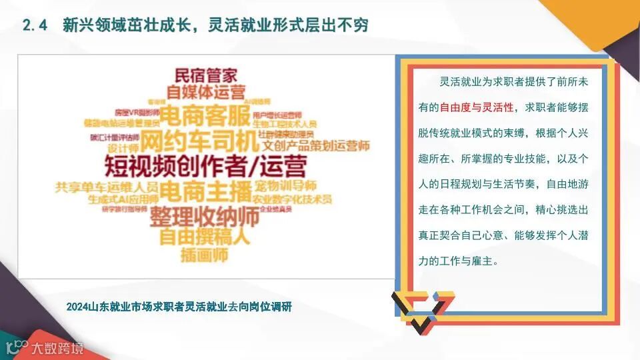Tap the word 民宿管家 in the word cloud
click(x=206, y=76)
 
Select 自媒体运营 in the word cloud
click(x=206, y=92)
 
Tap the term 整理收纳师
click(x=204, y=217)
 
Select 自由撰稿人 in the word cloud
click(x=205, y=236)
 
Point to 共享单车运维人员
click(x=107, y=187)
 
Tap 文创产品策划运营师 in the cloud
click(x=316, y=144)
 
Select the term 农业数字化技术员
click(x=293, y=199)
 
